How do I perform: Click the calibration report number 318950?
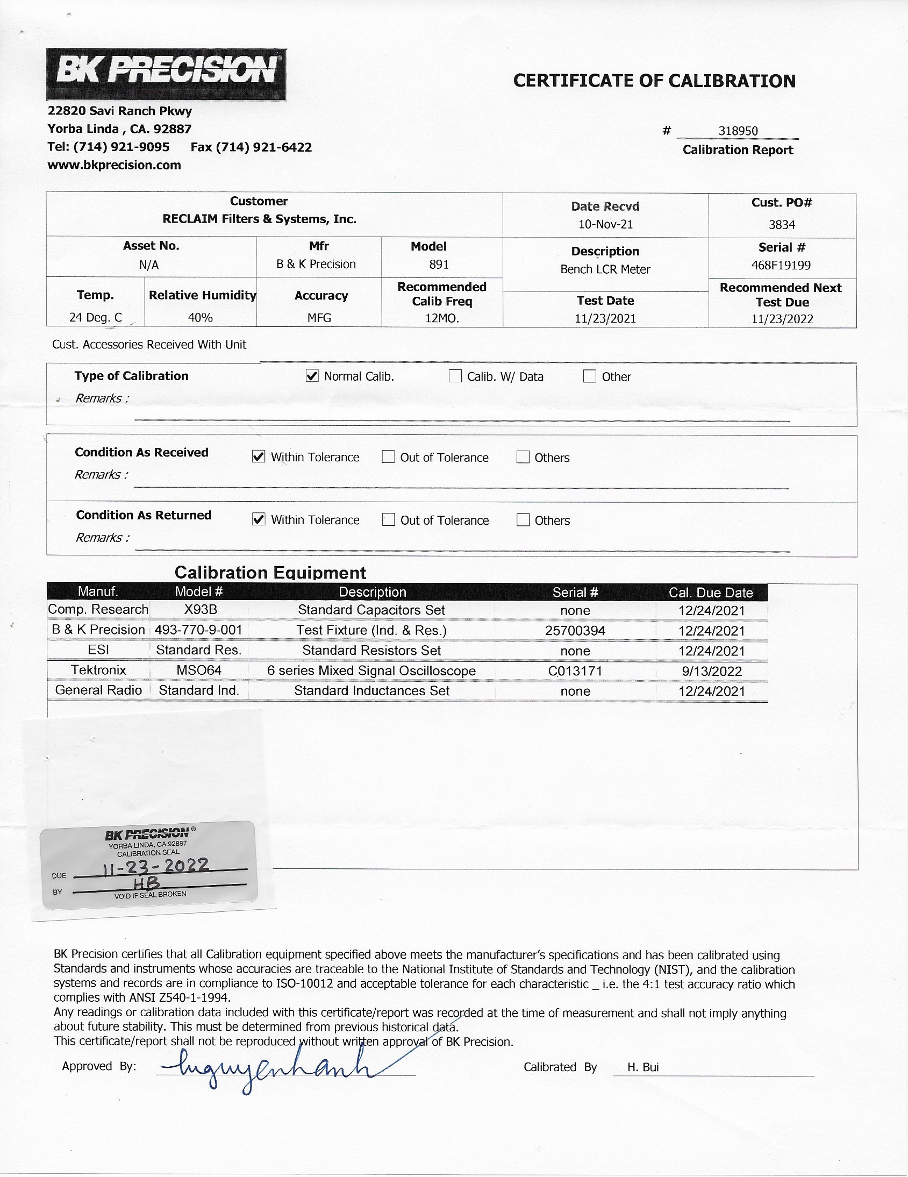click(x=738, y=131)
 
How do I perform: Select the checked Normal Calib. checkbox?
click(x=312, y=376)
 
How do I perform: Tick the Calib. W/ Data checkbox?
click(x=455, y=376)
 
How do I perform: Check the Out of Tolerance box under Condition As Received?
click(x=388, y=456)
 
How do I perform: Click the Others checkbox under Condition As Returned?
click(x=523, y=519)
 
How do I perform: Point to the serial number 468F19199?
click(x=781, y=265)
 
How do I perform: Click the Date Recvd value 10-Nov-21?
click(x=605, y=224)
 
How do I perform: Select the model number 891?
click(x=439, y=264)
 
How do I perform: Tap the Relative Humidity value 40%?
click(x=200, y=317)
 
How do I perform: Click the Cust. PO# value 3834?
click(x=781, y=225)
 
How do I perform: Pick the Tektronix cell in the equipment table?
click(x=98, y=670)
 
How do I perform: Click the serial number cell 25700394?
click(x=575, y=630)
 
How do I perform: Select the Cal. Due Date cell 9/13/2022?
click(x=711, y=671)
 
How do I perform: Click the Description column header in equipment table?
click(x=372, y=592)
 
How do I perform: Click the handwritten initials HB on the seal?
click(x=147, y=883)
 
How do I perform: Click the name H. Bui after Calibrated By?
click(x=643, y=1067)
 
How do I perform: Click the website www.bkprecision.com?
click(x=115, y=165)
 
